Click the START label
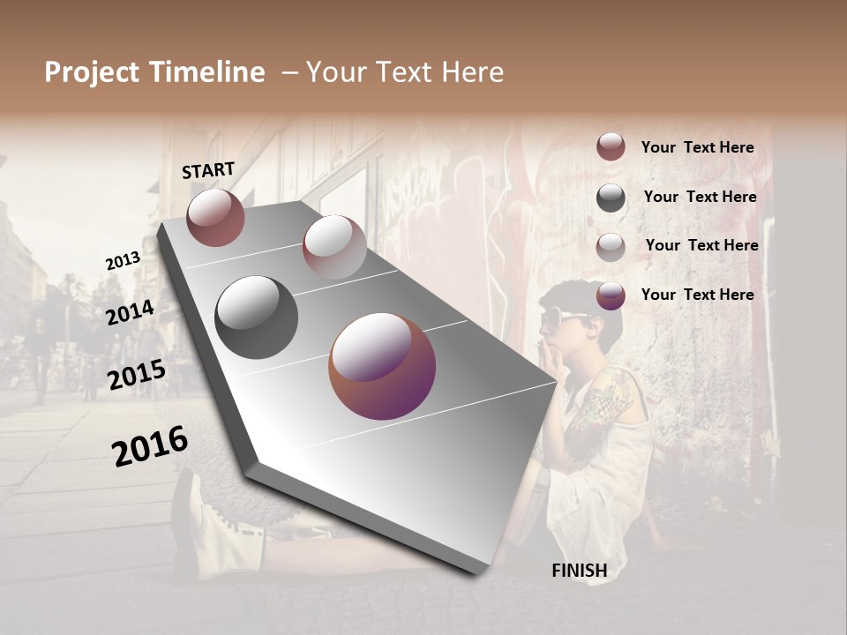208,170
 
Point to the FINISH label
579,571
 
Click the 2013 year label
123,261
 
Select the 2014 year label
130,312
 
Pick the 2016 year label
150,446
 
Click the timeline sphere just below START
215,217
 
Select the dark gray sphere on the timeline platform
257,317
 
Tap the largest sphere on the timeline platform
382,366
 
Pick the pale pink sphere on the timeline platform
334,246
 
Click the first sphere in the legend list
611,147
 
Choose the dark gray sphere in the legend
611,197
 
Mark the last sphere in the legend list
611,295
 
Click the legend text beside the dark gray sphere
700,197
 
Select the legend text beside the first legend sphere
697,147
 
